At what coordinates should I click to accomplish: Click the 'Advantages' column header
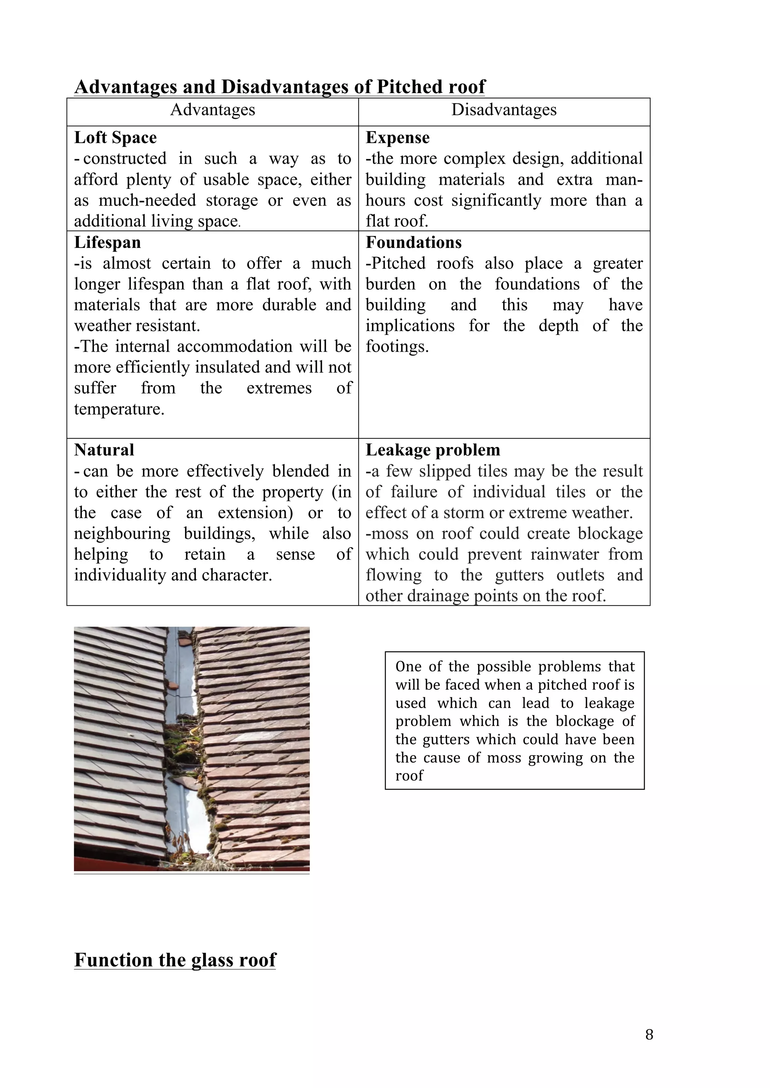[x=212, y=110]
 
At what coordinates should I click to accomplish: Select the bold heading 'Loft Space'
[x=115, y=138]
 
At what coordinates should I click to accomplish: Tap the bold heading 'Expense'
[x=397, y=138]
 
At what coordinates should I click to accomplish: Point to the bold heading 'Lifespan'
[x=107, y=243]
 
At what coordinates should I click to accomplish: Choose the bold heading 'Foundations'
[x=414, y=243]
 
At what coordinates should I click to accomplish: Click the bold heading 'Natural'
[x=104, y=450]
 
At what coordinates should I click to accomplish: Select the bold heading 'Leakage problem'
[x=432, y=450]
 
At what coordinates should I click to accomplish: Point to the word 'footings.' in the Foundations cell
[x=397, y=347]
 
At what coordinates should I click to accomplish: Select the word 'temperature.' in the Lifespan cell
[x=119, y=409]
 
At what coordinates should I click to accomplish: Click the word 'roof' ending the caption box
[x=409, y=776]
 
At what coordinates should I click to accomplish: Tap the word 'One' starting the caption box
[x=408, y=667]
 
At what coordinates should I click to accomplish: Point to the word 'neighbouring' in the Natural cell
[x=122, y=533]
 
